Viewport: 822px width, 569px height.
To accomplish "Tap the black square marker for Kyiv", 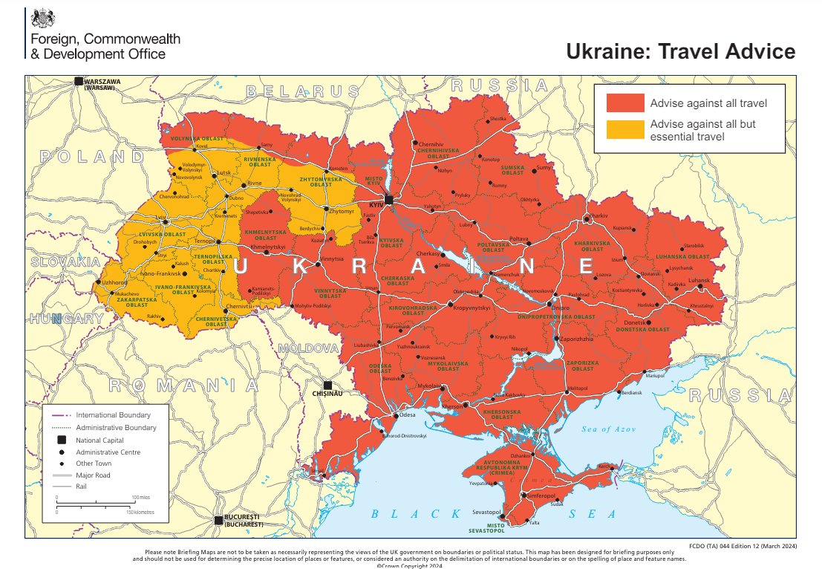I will click(x=388, y=199).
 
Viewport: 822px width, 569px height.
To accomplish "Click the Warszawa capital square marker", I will click(x=79, y=81).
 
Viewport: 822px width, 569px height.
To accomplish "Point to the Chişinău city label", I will click(x=327, y=394).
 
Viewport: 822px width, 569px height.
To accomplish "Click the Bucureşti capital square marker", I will click(x=218, y=520).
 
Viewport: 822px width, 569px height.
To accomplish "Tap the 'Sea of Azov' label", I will click(x=608, y=429).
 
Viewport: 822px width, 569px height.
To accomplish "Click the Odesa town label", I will click(x=408, y=415).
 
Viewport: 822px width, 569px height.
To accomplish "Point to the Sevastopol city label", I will click(x=486, y=513).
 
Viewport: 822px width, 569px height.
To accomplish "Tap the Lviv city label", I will click(x=160, y=218).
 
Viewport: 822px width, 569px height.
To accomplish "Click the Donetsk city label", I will click(x=634, y=322).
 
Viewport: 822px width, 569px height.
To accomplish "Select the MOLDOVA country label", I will click(x=308, y=348).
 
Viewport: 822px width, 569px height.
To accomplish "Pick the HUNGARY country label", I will click(x=67, y=319).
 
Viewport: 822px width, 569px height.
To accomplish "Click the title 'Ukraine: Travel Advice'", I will click(x=680, y=51).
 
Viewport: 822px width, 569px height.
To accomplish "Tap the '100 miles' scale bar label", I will click(x=141, y=497).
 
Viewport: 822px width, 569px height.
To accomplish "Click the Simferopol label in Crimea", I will click(x=539, y=495).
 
